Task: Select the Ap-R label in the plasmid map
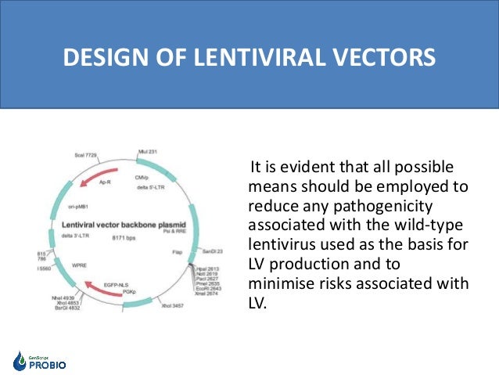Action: pyautogui.click(x=106, y=182)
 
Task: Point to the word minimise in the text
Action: pyautogui.click(x=281, y=283)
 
